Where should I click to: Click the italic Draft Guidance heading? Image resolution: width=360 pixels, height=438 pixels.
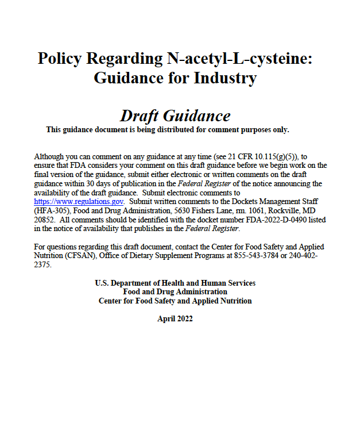tap(175, 116)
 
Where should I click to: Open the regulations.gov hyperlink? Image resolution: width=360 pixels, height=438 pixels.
tap(79, 202)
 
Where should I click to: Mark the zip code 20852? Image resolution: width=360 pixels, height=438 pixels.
tap(44, 220)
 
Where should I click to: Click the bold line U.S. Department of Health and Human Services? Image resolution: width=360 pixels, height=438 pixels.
tap(175, 283)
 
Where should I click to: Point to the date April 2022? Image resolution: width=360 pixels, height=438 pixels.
tap(175, 318)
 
